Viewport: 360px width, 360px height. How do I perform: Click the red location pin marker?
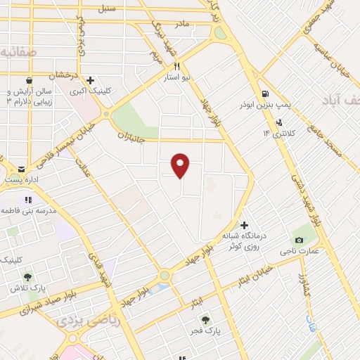point(181,165)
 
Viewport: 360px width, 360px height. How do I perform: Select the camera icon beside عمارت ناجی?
point(300,240)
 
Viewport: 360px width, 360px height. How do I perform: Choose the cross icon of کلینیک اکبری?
point(91,80)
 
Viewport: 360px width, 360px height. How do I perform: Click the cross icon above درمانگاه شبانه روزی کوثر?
point(244,225)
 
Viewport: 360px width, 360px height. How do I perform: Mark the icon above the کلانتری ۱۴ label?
point(279,122)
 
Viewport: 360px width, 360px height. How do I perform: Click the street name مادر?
point(182,24)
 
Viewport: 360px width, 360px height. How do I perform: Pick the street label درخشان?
point(63,74)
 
